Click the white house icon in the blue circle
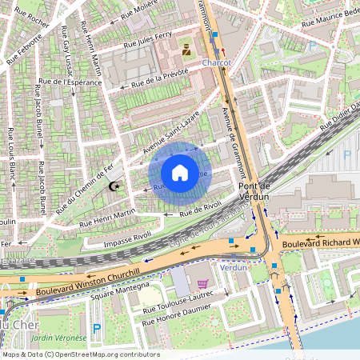tap(180, 173)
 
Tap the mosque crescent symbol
tap(114, 186)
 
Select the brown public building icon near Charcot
tap(186, 50)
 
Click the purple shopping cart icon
tap(202, 283)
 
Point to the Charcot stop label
tap(217, 62)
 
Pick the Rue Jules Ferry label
tap(144, 40)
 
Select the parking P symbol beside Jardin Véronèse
tap(98, 329)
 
